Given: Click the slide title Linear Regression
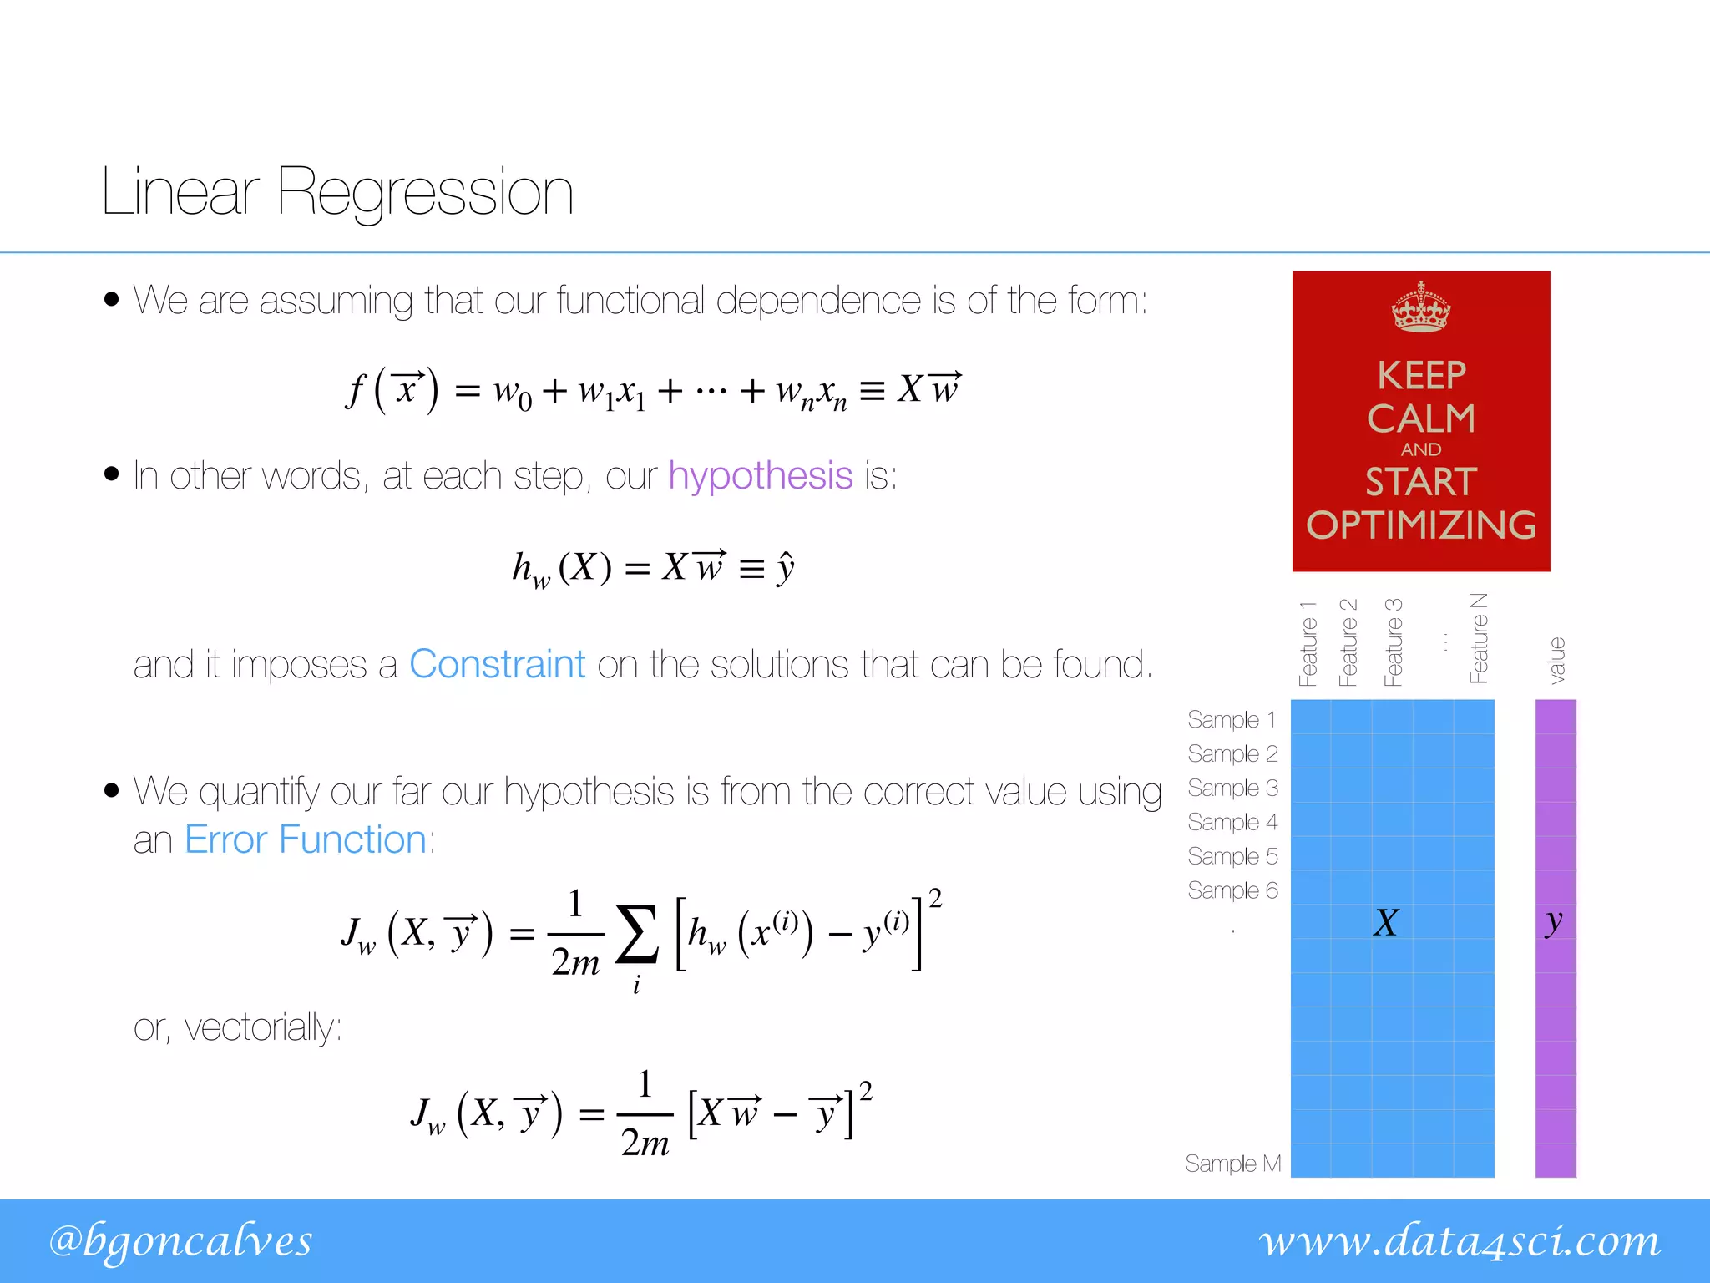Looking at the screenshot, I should point(337,192).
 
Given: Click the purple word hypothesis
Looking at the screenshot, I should point(760,476).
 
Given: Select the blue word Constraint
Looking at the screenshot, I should point(497,665).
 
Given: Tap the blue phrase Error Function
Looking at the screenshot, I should point(306,839).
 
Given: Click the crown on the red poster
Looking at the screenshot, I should point(1420,307).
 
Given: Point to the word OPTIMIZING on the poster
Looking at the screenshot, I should point(1421,525).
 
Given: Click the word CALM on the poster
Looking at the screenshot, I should point(1421,418).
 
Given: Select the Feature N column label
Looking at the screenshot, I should point(1479,639).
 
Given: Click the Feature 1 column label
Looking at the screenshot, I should point(1308,643).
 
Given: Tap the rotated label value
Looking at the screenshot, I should point(1556,660).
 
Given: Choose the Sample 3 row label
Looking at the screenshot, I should point(1232,789).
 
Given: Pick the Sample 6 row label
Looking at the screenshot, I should point(1232,890).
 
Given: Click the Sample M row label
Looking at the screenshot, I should point(1232,1164).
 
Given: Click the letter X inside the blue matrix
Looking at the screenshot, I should point(1386,923).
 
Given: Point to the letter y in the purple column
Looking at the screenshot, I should point(1554,923).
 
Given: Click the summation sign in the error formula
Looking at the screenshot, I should point(636,936).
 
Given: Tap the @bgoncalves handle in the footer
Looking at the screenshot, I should point(180,1241).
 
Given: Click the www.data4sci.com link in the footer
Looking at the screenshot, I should point(1460,1241).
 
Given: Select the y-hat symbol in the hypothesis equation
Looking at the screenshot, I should point(785,569).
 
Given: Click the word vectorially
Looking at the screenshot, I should point(262,1027).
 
